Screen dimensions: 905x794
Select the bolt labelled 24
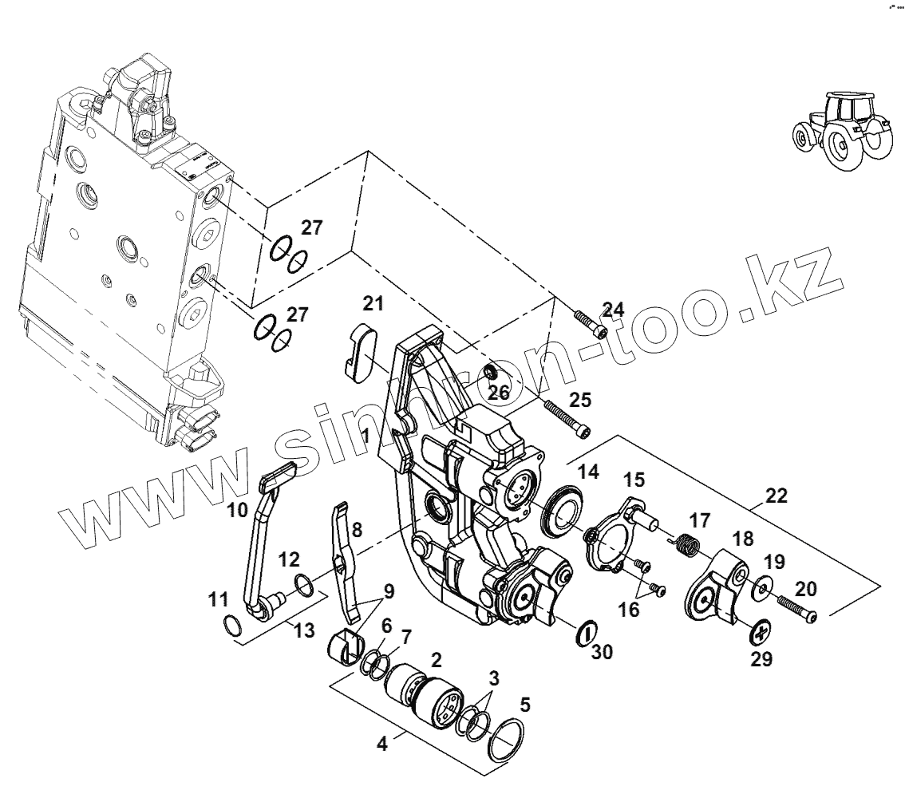[x=591, y=324]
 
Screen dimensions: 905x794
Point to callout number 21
[x=373, y=304]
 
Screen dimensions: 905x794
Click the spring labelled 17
[x=685, y=547]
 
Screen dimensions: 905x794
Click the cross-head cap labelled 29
[x=761, y=634]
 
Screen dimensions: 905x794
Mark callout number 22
[x=776, y=496]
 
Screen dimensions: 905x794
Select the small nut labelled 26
[x=493, y=373]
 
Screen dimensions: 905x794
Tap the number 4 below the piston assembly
[x=381, y=744]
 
